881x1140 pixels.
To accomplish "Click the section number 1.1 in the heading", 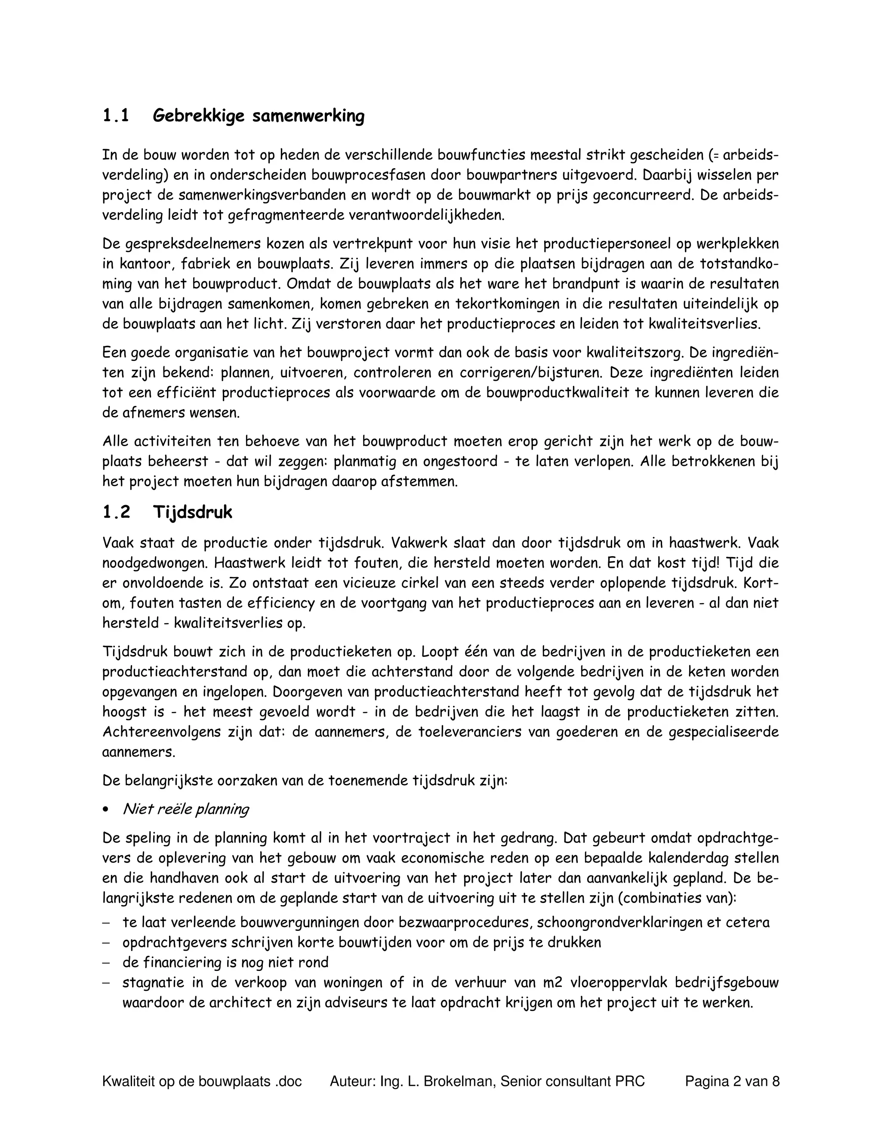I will [x=115, y=115].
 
